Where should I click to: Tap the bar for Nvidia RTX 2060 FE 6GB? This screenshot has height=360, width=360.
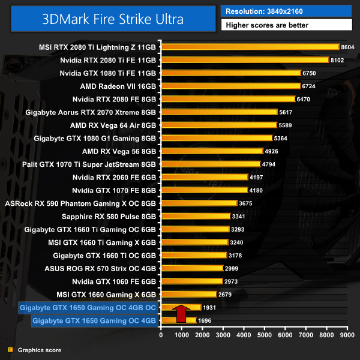click(x=204, y=177)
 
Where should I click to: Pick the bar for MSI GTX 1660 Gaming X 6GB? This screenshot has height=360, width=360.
click(x=188, y=294)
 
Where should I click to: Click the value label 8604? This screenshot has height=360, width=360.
click(x=347, y=47)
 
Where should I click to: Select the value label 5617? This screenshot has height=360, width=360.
click(x=287, y=112)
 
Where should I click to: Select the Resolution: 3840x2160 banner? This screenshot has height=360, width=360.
click(x=286, y=11)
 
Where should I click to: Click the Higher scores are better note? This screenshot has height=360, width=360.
click(x=286, y=25)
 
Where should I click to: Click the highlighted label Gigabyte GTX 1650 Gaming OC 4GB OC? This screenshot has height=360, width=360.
click(x=88, y=308)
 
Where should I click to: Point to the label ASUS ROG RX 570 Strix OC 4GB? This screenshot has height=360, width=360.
click(x=100, y=268)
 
